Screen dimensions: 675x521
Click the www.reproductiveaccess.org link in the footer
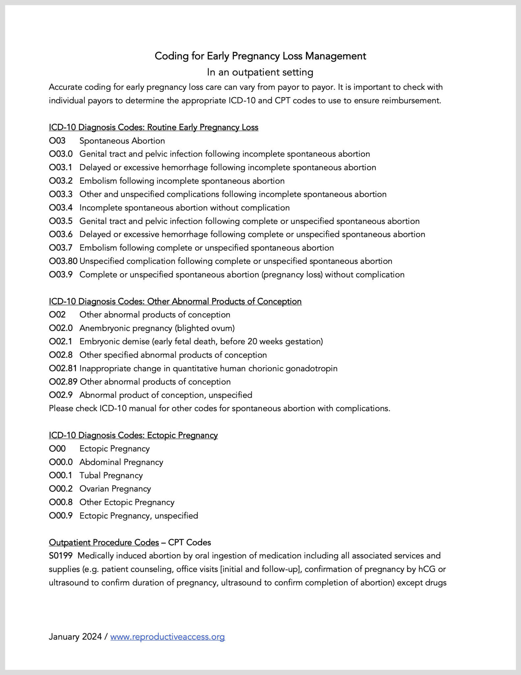[x=167, y=636]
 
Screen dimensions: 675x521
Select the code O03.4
[x=61, y=208]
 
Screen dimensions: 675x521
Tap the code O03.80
[x=63, y=261]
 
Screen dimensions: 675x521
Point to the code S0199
[x=61, y=555]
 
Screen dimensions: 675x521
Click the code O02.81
[x=63, y=368]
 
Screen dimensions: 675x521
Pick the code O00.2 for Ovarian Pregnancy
[x=61, y=488]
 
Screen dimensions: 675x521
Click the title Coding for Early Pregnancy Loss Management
[x=260, y=56]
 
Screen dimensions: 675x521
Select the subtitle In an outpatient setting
[x=260, y=72]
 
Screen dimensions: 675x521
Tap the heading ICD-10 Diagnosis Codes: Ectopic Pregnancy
[x=133, y=435]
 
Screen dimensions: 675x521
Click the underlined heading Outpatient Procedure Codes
[x=104, y=542]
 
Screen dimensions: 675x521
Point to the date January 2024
[x=75, y=636]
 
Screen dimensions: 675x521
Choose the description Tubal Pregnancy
[x=111, y=475]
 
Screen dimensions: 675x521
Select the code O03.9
[x=61, y=275]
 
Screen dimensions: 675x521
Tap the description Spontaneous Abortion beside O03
[x=122, y=141]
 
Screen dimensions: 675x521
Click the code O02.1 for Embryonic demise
[x=61, y=341]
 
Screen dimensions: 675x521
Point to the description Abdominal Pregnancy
[x=121, y=462]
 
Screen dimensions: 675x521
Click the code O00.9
[x=61, y=515]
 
